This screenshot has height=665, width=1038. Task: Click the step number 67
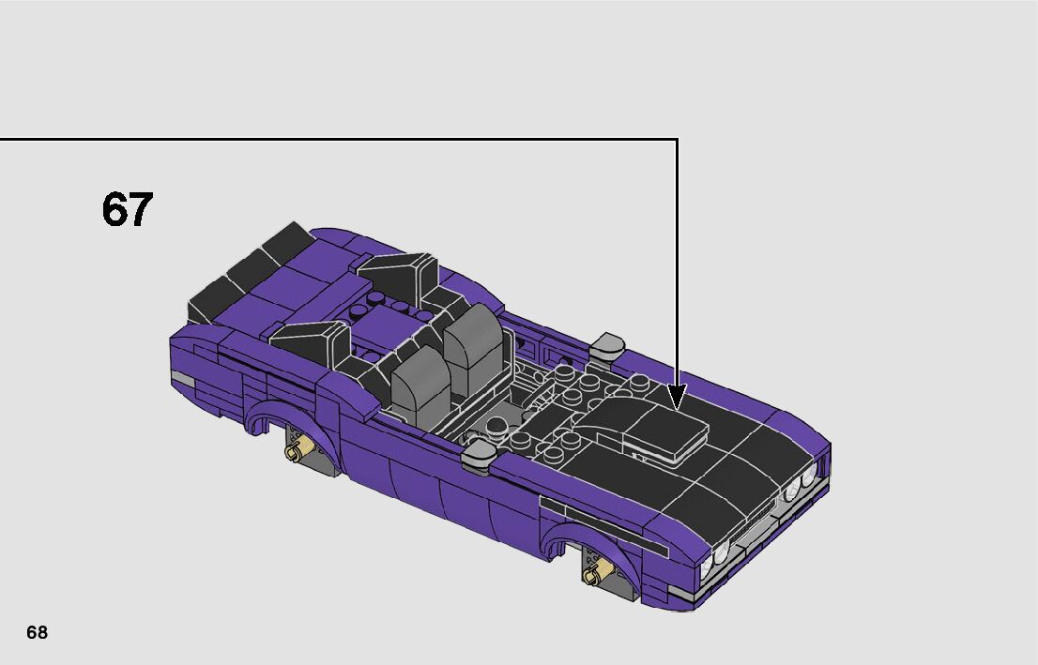[127, 209]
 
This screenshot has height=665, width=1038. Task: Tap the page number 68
[38, 632]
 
